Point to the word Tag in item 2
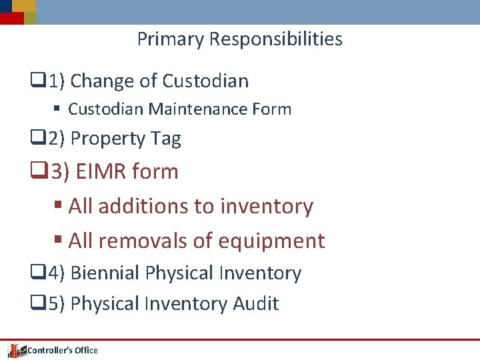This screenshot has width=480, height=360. pyautogui.click(x=166, y=139)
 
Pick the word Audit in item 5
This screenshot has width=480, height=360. pyautogui.click(x=255, y=304)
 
